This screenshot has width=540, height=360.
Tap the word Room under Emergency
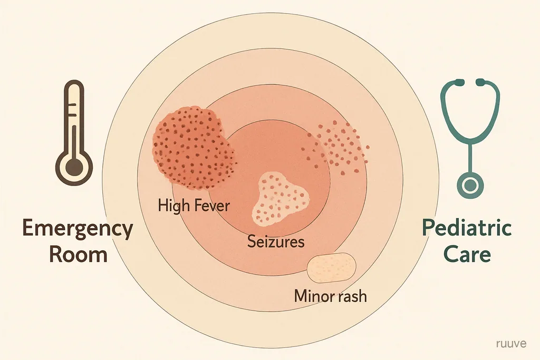[79, 255]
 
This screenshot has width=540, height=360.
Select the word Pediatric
[467, 228]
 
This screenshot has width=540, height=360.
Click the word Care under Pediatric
[467, 255]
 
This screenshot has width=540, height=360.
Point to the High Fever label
[194, 206]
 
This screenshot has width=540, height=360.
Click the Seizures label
[276, 241]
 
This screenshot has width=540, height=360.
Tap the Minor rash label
[330, 296]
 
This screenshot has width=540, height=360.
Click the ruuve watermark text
[512, 343]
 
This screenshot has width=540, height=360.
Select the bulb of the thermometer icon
[74, 167]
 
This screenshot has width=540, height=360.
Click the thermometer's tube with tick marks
[74, 117]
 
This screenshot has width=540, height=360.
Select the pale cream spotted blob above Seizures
[280, 199]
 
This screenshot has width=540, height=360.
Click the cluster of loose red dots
[336, 147]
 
